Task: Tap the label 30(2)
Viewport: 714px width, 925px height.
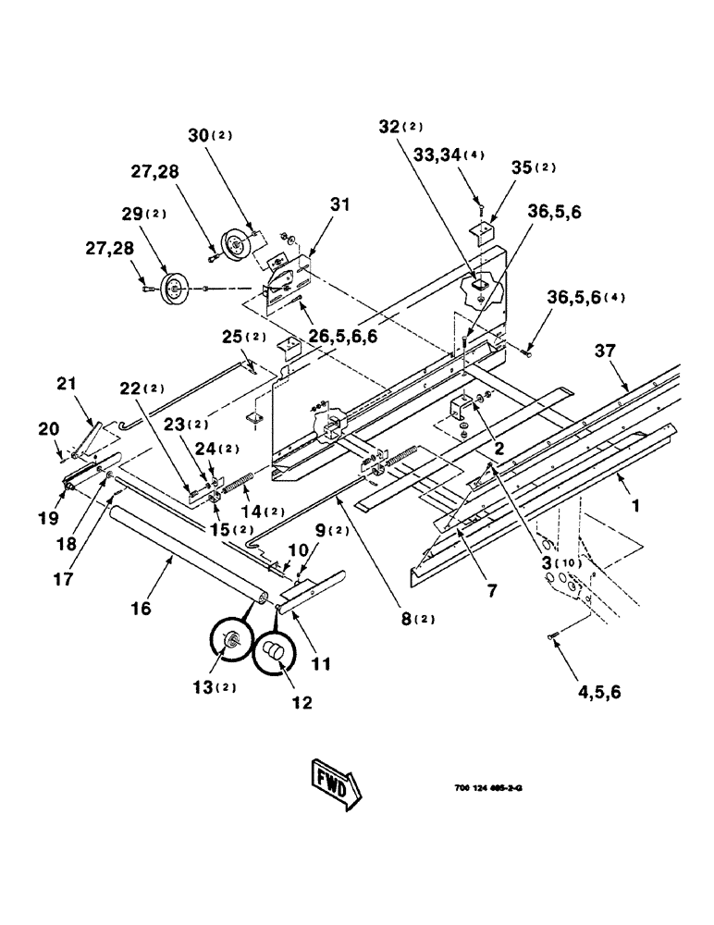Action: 208,135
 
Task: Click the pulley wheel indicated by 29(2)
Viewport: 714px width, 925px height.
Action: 172,289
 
